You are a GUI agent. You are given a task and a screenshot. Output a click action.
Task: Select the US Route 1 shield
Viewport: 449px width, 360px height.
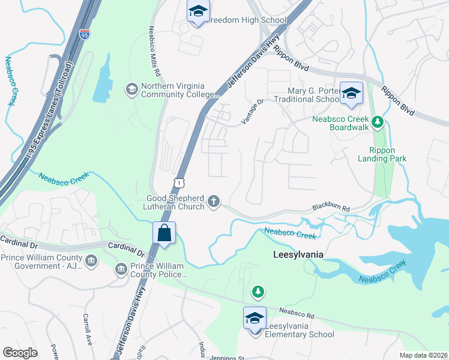coord(178,181)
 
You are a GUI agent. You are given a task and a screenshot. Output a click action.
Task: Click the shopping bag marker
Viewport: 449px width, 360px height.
coord(164,233)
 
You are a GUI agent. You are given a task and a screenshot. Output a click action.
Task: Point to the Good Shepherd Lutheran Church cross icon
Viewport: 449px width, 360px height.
coord(214,202)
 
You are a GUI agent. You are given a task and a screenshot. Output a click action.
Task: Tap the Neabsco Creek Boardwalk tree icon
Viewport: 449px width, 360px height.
coord(377,123)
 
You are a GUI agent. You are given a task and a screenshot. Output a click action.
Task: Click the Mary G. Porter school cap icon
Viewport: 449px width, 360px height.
coord(352,93)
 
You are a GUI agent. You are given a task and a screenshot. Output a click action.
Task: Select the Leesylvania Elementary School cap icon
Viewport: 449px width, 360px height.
coord(255,318)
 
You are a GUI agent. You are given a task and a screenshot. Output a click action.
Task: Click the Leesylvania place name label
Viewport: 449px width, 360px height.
coord(294,254)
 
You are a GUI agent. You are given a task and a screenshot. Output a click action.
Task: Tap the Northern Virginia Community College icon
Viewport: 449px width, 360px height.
coord(130,90)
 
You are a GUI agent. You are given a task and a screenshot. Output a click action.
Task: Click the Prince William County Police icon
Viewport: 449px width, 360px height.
coord(121,268)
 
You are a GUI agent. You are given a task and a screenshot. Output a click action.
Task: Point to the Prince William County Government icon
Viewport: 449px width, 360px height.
coord(91,260)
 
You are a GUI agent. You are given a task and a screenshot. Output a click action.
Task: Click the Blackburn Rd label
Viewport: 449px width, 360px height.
coord(330,208)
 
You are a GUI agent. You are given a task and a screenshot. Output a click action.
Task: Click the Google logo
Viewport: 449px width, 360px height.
coord(20,353)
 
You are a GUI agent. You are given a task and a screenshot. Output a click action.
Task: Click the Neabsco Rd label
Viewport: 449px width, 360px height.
coord(297,313)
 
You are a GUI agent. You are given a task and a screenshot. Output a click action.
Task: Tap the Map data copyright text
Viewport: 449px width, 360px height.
coord(424,355)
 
